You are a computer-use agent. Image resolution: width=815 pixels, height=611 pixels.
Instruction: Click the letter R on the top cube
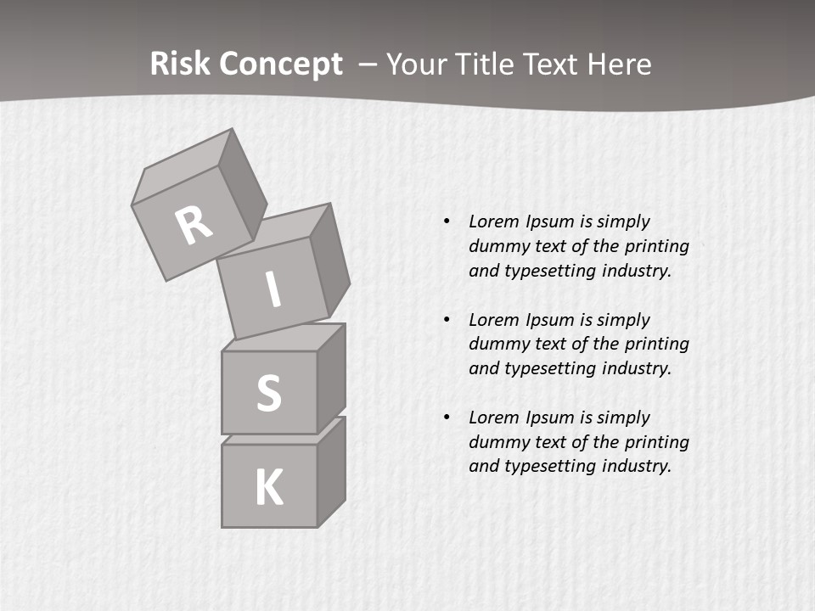coord(194,225)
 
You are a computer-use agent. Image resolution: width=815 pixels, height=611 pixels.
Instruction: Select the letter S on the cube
coord(268,393)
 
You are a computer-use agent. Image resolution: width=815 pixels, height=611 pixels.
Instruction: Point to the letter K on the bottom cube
coord(268,488)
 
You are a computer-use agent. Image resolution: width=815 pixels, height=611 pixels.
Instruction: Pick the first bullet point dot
coord(447,221)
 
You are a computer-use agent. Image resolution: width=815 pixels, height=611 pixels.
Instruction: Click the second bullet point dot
coord(447,320)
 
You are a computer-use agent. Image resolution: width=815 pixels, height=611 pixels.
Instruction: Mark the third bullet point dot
coord(447,418)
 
